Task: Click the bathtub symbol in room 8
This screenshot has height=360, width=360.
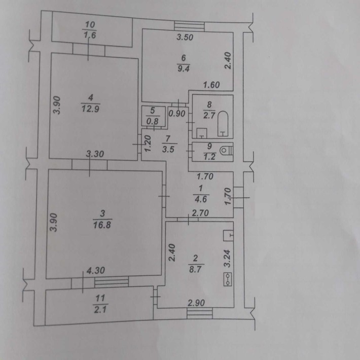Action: [223, 124]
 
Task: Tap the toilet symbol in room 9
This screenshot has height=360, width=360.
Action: [226, 151]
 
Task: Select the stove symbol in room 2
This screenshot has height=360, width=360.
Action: [228, 279]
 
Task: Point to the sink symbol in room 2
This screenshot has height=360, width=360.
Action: [229, 235]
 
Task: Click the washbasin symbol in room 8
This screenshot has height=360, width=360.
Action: [202, 133]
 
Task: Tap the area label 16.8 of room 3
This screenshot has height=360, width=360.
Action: [102, 225]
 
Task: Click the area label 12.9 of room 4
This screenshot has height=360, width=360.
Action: [90, 109]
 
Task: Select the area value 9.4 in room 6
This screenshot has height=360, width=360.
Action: [183, 68]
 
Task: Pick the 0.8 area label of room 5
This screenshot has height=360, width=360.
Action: [153, 121]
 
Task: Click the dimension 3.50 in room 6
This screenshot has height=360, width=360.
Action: [185, 37]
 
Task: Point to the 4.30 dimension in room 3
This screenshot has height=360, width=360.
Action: [96, 270]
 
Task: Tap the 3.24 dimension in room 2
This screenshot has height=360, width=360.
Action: [227, 259]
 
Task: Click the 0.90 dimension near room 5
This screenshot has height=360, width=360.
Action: [177, 114]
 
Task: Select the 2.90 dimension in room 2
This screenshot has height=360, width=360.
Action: [196, 303]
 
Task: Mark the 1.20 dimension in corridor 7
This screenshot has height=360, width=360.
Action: [148, 143]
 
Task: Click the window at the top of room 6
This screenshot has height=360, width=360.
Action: [189, 26]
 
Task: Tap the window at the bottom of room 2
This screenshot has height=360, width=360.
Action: [200, 313]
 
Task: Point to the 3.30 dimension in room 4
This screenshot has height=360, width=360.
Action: [95, 154]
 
